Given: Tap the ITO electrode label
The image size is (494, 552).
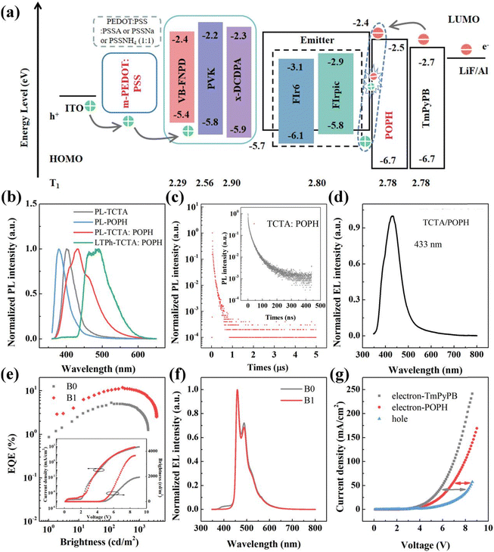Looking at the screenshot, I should pos(77,107).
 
